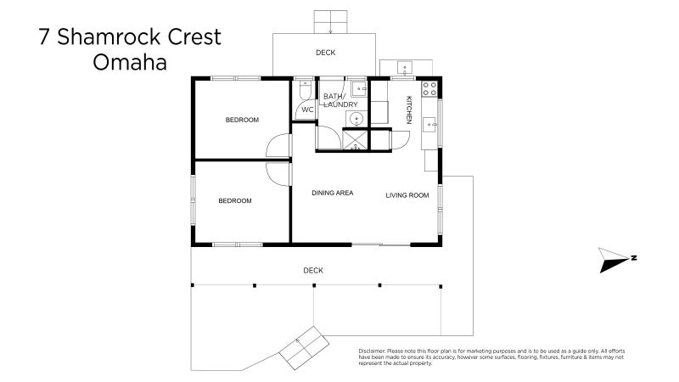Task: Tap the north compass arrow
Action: click(x=613, y=261)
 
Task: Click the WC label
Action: click(x=307, y=110)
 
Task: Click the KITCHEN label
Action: click(x=408, y=110)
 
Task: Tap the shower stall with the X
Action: click(x=356, y=140)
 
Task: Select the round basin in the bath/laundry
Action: click(x=357, y=118)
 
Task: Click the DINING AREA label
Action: click(x=332, y=194)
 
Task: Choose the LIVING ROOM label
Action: click(x=407, y=194)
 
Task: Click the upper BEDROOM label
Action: click(x=242, y=120)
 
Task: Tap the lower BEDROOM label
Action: click(x=235, y=200)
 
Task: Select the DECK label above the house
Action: click(x=325, y=53)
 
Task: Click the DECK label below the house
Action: click(x=313, y=270)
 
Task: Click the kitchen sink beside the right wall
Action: click(x=431, y=125)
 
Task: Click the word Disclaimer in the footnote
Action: click(x=369, y=351)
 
